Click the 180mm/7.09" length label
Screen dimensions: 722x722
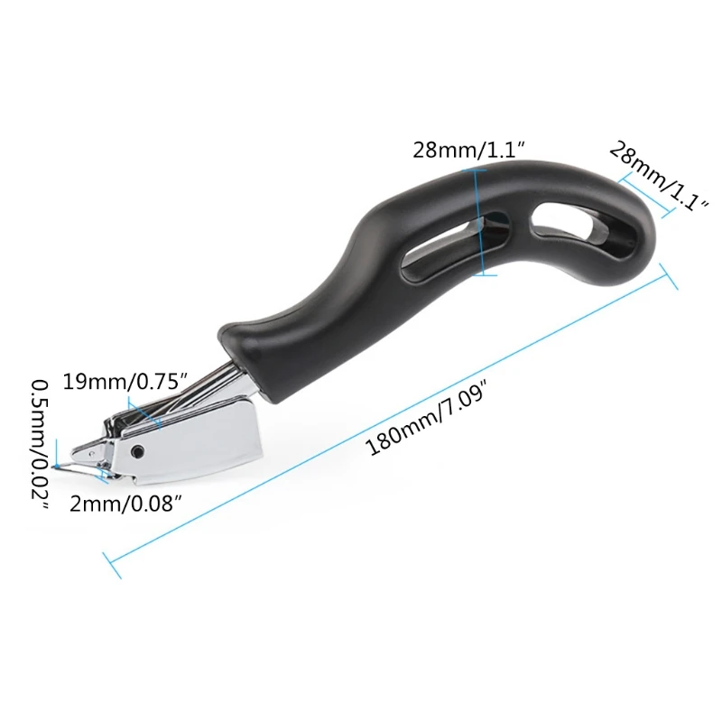(428, 421)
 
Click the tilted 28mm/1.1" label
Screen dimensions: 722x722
(658, 176)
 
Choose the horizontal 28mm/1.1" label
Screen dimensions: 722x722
(468, 150)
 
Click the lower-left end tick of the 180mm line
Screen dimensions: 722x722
(112, 565)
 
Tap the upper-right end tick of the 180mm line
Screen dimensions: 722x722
(667, 276)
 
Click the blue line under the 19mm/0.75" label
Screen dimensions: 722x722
(144, 411)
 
